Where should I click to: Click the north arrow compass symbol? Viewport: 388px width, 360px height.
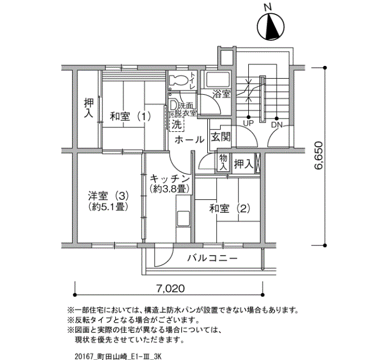coord(270,27)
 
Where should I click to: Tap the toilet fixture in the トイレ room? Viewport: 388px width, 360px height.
coord(177,80)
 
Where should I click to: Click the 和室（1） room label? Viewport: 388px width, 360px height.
coord(130,116)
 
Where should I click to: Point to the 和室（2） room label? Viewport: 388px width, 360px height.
coord(229,208)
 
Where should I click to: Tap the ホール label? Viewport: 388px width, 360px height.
coord(190,140)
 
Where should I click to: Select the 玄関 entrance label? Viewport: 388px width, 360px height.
coord(221,137)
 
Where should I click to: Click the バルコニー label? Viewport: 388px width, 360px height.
coord(212,259)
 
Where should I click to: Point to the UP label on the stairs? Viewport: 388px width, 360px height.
coord(248,123)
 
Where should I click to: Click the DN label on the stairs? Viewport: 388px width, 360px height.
coord(277,125)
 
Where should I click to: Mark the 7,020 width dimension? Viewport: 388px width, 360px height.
coord(171,289)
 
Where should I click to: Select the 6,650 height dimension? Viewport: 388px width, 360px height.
coord(319,155)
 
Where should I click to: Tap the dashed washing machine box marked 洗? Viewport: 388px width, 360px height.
coord(177,124)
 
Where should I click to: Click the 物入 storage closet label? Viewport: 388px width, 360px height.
coord(223,162)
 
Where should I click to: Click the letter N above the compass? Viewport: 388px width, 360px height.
coord(268,7)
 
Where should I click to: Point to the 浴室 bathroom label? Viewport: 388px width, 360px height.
coord(222,94)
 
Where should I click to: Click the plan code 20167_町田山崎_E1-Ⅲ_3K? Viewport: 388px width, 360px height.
coord(118,356)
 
